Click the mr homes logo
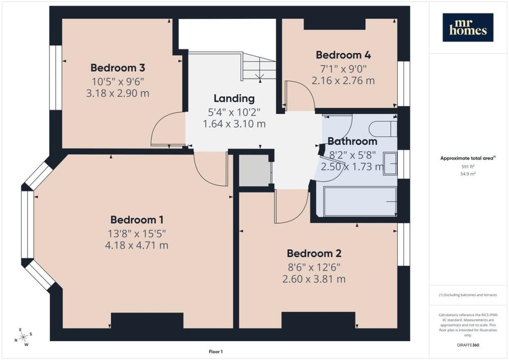468,27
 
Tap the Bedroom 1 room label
137,220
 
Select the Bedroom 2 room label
314,253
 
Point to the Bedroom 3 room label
117,68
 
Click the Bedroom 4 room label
343,55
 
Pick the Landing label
234,98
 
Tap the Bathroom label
352,141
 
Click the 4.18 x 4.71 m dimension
137,245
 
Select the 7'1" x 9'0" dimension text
343,69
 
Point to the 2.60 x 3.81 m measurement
314,279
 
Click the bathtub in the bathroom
360,201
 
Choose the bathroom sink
390,164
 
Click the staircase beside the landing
258,67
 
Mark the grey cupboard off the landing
254,171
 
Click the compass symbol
23,338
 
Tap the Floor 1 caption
216,352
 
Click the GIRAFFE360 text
468,345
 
